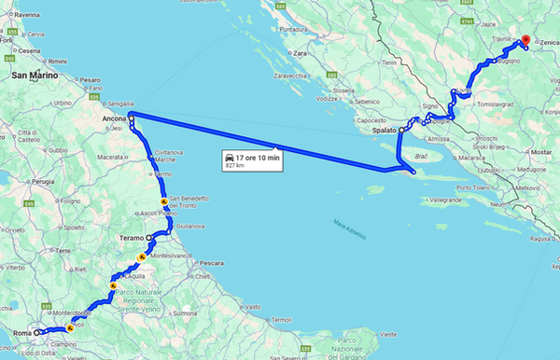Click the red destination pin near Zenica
[525, 41]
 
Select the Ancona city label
[115, 118]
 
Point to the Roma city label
[21, 332]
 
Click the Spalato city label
[382, 131]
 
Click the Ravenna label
[27, 16]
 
